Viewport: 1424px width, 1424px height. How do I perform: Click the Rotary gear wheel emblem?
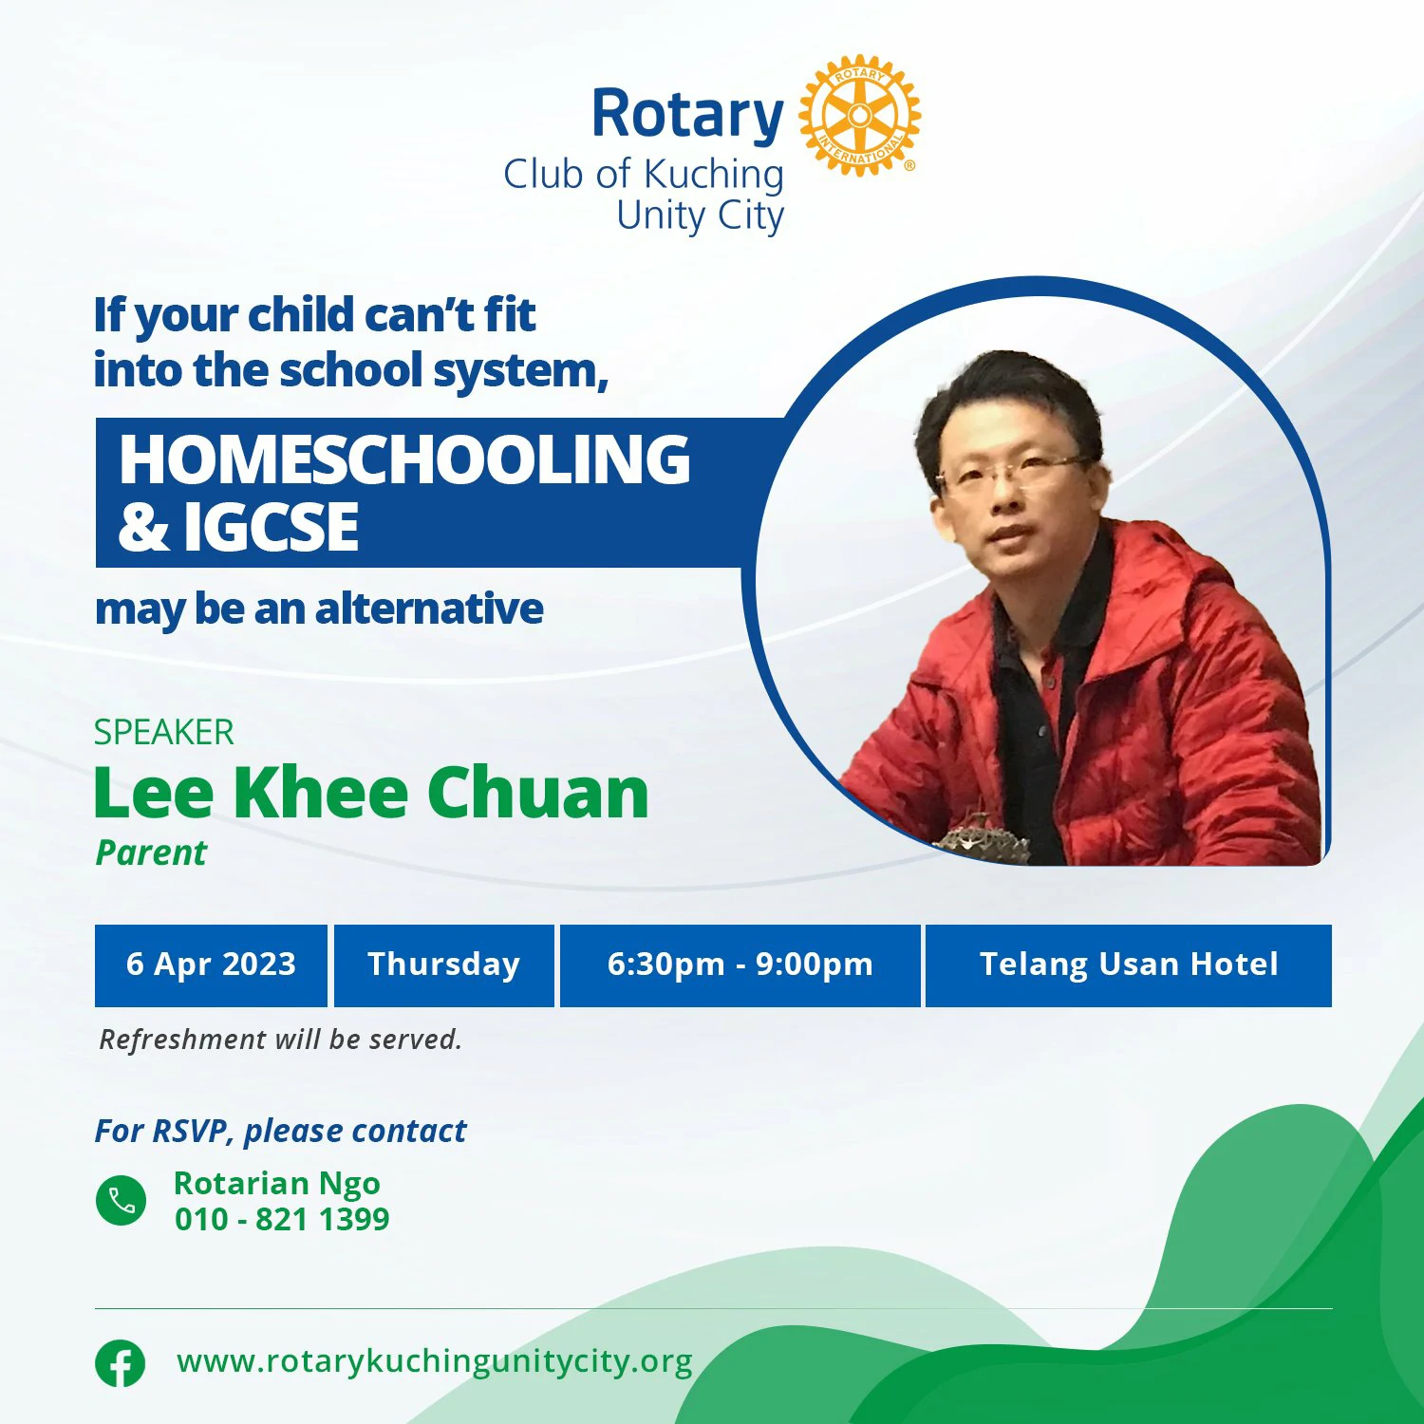tap(859, 115)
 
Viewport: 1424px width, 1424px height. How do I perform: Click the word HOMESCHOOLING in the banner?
tap(404, 459)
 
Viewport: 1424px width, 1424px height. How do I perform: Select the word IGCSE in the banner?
tap(272, 527)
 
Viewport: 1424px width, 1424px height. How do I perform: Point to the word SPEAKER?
tap(163, 732)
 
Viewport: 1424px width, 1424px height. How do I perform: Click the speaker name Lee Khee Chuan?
tap(371, 792)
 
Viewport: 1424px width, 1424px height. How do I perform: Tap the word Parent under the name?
tap(151, 853)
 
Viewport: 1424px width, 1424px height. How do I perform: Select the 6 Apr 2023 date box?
tap(211, 965)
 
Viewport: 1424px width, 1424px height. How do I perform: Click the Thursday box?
tap(443, 965)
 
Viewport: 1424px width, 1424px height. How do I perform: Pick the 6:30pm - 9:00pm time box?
tap(740, 965)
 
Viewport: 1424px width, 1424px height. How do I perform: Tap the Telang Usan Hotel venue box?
tap(1129, 965)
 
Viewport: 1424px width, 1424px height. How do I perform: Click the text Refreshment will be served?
tap(280, 1040)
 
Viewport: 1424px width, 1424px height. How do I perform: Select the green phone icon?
tap(122, 1200)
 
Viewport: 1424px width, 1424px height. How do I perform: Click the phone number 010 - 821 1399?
tap(282, 1219)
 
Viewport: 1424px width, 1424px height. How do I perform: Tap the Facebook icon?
tap(121, 1363)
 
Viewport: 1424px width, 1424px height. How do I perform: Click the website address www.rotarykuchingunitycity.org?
tap(435, 1361)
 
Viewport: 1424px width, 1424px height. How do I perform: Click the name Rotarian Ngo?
tap(276, 1184)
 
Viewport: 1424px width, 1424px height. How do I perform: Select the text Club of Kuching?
tap(644, 175)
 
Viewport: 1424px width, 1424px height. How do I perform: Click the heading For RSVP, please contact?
tap(280, 1131)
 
